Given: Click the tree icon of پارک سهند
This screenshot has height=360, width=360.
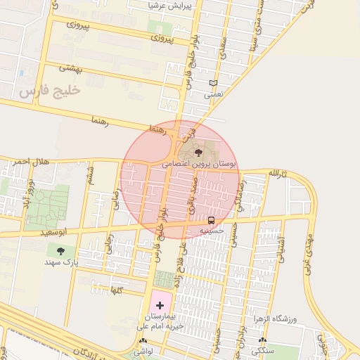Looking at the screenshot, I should (61, 250).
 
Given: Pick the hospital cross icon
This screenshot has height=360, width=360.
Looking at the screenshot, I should (160, 305).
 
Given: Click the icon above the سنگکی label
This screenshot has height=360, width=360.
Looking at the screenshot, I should (263, 340).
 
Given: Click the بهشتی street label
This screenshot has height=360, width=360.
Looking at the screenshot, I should (71, 69).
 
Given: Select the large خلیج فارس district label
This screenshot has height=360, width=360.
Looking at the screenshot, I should (51, 91).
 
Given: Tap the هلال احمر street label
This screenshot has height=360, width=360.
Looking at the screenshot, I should (32, 162).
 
